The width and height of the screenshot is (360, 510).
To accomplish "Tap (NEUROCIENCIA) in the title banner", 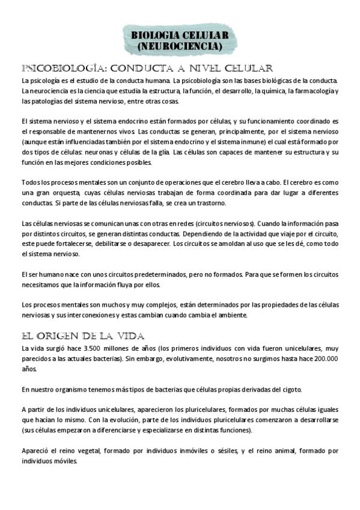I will point(180,46).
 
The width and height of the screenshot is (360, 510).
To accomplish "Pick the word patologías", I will point(53,101).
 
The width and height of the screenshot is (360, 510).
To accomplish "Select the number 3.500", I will point(81,348).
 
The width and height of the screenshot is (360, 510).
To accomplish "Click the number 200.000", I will point(323,358).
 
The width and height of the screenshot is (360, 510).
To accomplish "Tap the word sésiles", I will point(224,450).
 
